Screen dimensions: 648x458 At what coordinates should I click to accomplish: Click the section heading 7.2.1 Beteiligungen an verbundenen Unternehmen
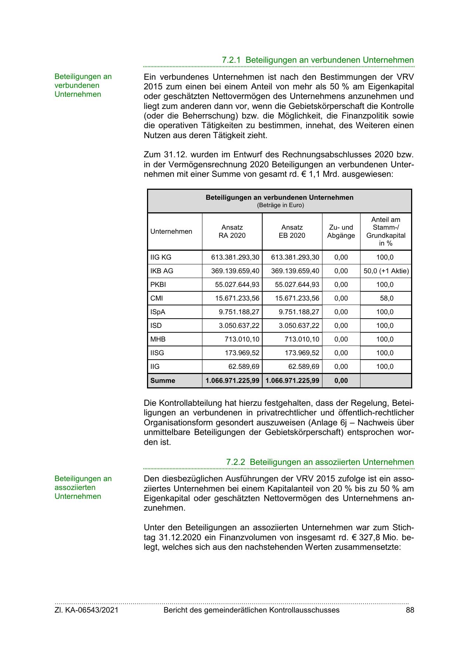tap(318, 60)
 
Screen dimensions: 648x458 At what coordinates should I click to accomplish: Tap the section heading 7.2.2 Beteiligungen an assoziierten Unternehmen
tap(320, 462)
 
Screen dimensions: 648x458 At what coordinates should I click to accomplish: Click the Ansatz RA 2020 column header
tap(232, 232)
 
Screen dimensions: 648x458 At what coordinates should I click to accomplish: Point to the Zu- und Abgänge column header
tap(341, 232)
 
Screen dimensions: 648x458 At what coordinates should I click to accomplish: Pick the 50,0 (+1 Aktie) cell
tap(386, 271)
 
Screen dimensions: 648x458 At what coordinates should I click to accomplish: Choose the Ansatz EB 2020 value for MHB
tap(302, 339)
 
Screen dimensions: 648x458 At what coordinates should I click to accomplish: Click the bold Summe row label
tap(163, 381)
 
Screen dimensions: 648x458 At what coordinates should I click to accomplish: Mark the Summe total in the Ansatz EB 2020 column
tap(292, 381)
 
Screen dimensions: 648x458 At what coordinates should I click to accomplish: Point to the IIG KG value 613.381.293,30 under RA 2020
tap(235, 257)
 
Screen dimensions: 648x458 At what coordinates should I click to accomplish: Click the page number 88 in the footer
tap(410, 610)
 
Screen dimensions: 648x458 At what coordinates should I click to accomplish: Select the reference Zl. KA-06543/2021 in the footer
tap(86, 610)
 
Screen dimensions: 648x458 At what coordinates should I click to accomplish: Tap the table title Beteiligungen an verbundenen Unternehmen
tap(279, 198)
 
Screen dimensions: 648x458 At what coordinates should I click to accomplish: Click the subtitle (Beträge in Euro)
tap(280, 205)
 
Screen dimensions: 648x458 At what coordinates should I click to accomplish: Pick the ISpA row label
tap(158, 312)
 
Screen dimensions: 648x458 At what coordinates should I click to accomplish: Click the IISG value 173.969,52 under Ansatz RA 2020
tap(242, 353)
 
